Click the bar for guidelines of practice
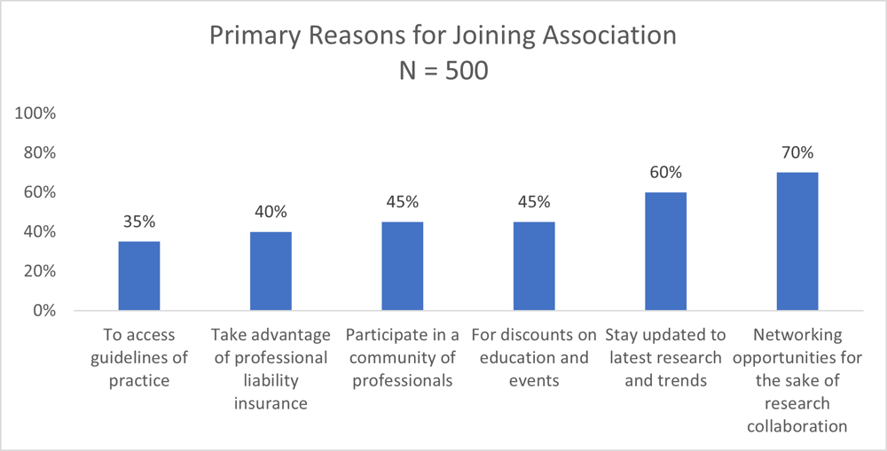(x=139, y=276)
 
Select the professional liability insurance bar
(x=271, y=271)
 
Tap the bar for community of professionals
(x=402, y=266)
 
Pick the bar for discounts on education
(x=533, y=266)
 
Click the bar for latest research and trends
(x=665, y=251)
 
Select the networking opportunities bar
(x=797, y=241)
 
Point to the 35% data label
(x=139, y=222)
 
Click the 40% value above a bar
(x=271, y=212)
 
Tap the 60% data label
(x=665, y=172)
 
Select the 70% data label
(x=797, y=152)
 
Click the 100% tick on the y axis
(x=35, y=113)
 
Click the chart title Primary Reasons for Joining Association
(x=443, y=35)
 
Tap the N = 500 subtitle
(x=443, y=71)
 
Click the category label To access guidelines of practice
(x=139, y=357)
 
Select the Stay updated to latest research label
(x=665, y=357)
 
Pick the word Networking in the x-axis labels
(x=797, y=335)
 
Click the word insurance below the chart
(x=271, y=403)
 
